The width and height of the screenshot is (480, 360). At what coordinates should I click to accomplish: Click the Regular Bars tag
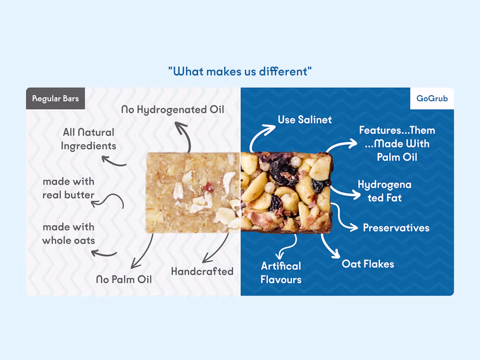pos(55,99)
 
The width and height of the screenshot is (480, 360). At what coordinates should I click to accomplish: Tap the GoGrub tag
pos(432,99)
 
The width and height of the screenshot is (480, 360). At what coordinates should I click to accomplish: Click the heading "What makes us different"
pos(240,71)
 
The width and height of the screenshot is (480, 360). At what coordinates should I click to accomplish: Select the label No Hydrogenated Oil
pos(172,110)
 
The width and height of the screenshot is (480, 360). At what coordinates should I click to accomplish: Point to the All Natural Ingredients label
pos(89,139)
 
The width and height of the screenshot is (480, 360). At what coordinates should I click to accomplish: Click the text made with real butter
pos(69,188)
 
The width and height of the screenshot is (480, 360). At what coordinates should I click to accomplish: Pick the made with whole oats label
pos(69,233)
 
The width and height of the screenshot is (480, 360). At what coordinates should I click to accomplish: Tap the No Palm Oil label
pos(124,279)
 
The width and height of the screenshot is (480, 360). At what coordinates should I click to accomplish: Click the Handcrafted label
pos(202,271)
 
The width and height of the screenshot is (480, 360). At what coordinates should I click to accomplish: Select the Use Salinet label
pos(305,120)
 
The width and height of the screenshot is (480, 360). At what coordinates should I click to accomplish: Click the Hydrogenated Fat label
pos(384,191)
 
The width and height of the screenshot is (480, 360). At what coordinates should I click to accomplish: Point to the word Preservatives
pos(396,228)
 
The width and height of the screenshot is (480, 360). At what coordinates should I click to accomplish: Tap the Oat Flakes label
pos(368,264)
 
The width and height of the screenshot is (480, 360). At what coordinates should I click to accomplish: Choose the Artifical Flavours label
pos(281,273)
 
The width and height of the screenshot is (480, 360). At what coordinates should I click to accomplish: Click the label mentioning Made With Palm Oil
pos(397,144)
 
